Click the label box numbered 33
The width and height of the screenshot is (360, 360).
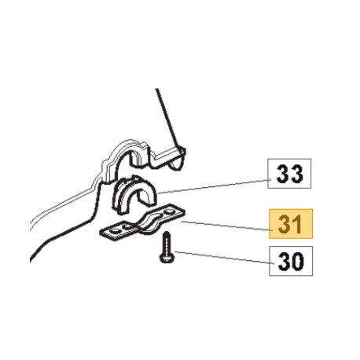[289, 173]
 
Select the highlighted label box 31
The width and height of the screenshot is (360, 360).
[291, 224]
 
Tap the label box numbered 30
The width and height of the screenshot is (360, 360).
[291, 261]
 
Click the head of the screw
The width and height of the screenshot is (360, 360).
[166, 258]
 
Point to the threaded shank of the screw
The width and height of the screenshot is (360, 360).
[167, 243]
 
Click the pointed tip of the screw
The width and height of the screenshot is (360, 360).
[167, 232]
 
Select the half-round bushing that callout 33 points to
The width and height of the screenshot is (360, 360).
[134, 195]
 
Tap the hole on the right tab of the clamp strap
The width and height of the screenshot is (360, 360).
[168, 211]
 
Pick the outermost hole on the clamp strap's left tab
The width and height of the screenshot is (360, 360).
[115, 231]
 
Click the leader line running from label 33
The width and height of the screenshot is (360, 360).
[214, 186]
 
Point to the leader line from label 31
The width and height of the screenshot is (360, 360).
[226, 226]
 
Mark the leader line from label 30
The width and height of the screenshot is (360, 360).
[224, 258]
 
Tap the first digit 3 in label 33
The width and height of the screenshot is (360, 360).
[282, 174]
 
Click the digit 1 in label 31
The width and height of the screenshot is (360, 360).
[297, 224]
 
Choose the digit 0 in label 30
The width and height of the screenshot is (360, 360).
[298, 261]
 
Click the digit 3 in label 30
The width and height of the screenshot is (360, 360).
[284, 261]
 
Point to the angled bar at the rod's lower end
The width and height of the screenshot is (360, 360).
[167, 157]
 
